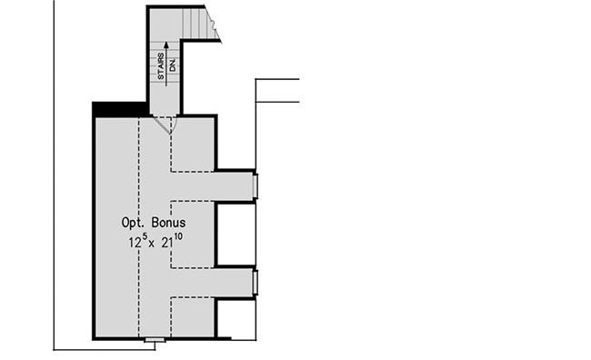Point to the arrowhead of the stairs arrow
tap(167, 42)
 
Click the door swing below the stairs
tap(165, 126)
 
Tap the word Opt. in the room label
tap(137, 223)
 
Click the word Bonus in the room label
tap(174, 223)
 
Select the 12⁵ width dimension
tap(136, 243)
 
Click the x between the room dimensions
tap(155, 245)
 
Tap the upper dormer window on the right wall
tap(255, 185)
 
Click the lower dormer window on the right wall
tap(255, 283)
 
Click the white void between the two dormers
tap(235, 235)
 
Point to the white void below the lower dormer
tap(234, 319)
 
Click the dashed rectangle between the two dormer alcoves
tap(193, 234)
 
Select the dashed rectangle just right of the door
tap(193, 144)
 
